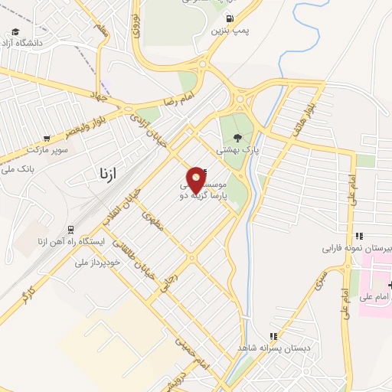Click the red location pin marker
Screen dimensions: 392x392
coord(197,179)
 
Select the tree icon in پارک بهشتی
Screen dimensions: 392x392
coord(237,139)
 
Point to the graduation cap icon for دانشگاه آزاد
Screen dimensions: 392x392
coord(15,32)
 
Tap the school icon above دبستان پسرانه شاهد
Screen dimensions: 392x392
coord(272,337)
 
